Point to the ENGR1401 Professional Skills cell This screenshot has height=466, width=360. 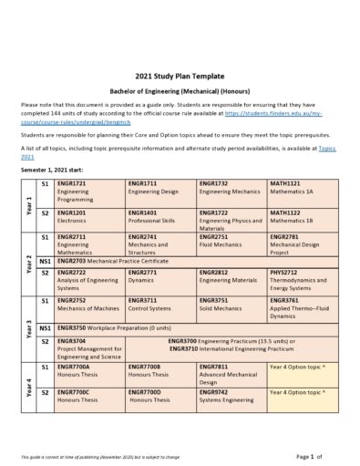coord(160,216)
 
